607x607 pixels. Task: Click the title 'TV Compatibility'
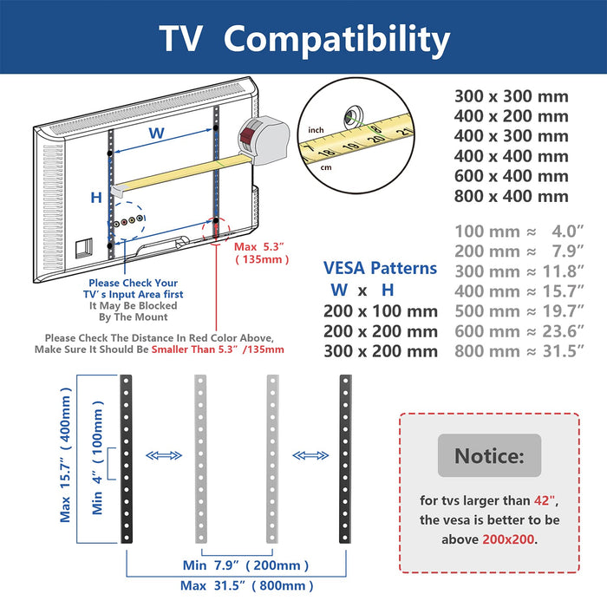pyautogui.click(x=304, y=39)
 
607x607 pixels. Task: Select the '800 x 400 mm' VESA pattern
pyautogui.click(x=511, y=196)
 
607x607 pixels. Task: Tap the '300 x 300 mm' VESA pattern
pyautogui.click(x=511, y=96)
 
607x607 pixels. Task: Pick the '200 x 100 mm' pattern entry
pyautogui.click(x=381, y=311)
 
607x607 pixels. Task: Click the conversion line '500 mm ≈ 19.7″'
pyautogui.click(x=519, y=310)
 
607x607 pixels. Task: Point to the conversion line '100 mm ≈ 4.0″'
pyautogui.click(x=519, y=232)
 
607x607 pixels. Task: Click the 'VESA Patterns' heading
pyautogui.click(x=380, y=268)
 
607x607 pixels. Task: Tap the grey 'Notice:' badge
pyautogui.click(x=489, y=455)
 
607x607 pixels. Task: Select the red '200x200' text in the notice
pyautogui.click(x=508, y=538)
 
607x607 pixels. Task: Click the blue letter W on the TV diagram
pyautogui.click(x=157, y=134)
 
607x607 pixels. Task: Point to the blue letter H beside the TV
pyautogui.click(x=96, y=198)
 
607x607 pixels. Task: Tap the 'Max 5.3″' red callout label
pyautogui.click(x=259, y=246)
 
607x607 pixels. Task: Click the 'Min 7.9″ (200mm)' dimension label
pyautogui.click(x=245, y=565)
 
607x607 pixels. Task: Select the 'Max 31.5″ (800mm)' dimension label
pyautogui.click(x=246, y=585)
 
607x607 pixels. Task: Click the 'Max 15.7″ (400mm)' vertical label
pyautogui.click(x=65, y=454)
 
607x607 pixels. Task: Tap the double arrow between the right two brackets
pyautogui.click(x=310, y=455)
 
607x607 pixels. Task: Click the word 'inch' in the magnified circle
pyautogui.click(x=316, y=130)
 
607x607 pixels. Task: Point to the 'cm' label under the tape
pyautogui.click(x=326, y=167)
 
